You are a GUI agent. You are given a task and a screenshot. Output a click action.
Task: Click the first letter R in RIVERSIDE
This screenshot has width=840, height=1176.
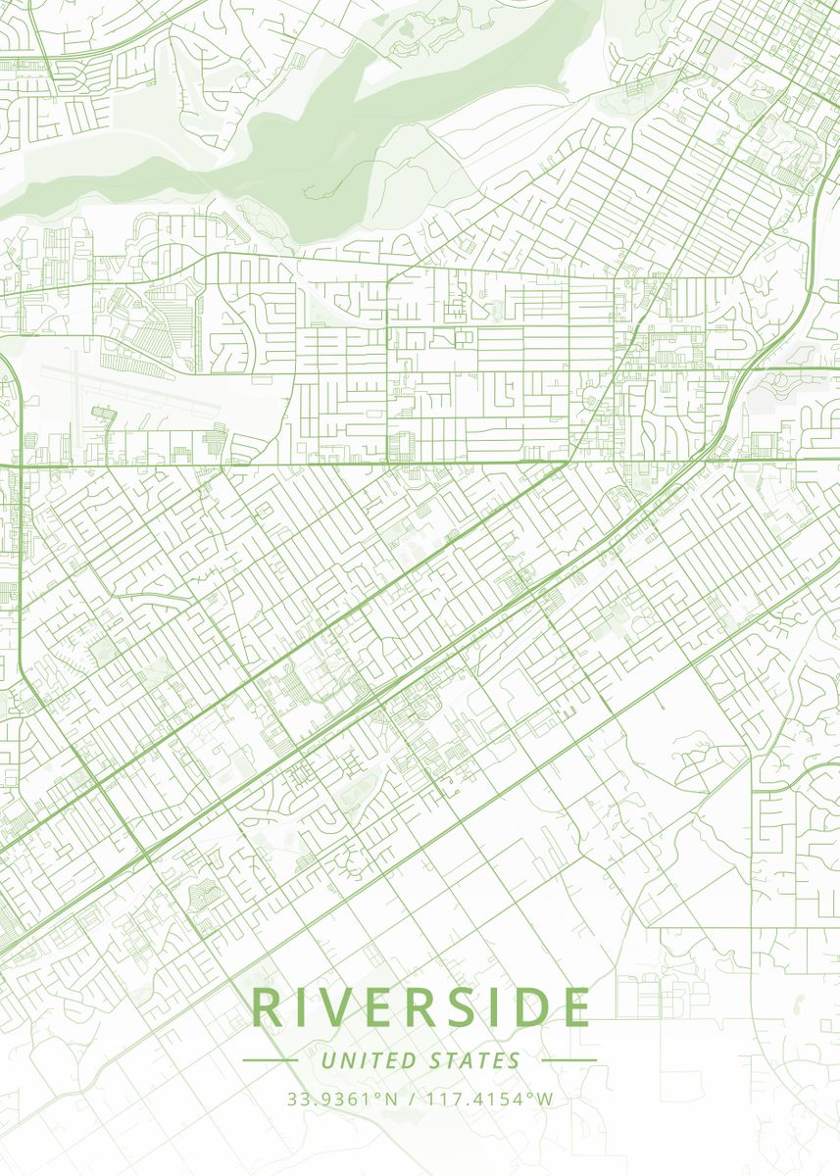pyautogui.click(x=268, y=1008)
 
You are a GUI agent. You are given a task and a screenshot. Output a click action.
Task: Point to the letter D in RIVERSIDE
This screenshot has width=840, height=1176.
pyautogui.click(x=530, y=1008)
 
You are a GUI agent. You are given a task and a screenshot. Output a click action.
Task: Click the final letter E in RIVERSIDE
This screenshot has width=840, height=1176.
pyautogui.click(x=576, y=1008)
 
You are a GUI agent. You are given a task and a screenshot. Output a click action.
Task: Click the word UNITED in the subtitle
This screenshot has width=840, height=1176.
pyautogui.click(x=369, y=1060)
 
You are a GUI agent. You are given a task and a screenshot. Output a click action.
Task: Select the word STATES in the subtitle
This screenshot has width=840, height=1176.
pyautogui.click(x=474, y=1060)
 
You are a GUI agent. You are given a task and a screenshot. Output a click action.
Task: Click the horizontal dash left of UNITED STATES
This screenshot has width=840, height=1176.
pyautogui.click(x=270, y=1060)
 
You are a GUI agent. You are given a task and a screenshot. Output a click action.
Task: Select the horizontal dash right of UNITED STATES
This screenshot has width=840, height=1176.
pyautogui.click(x=568, y=1060)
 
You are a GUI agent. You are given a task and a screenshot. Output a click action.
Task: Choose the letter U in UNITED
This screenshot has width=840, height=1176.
pyautogui.click(x=326, y=1060)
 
